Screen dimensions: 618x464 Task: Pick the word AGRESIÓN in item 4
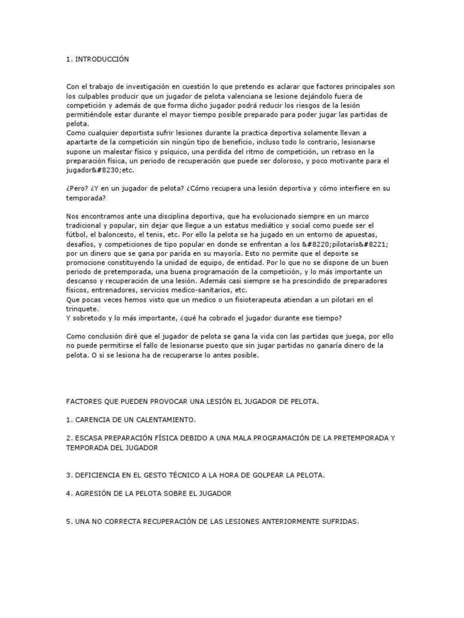[95, 493]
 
